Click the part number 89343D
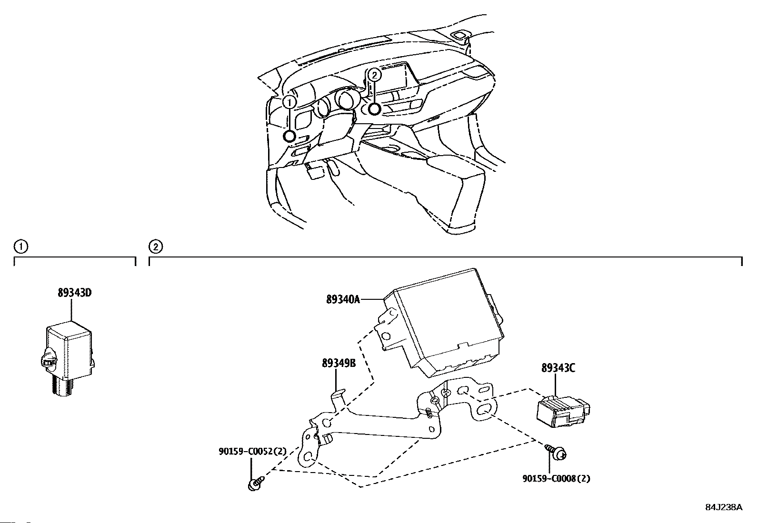(75, 293)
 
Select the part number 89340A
(343, 299)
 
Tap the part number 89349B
(339, 363)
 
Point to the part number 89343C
(558, 368)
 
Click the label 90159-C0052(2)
(253, 451)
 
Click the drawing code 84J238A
(724, 507)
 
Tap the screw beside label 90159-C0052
(256, 484)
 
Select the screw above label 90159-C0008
(556, 452)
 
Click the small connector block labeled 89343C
(562, 408)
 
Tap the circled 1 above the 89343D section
(21, 247)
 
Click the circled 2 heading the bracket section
(155, 247)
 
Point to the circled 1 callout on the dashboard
(289, 102)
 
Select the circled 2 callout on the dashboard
(374, 75)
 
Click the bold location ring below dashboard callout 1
(289, 137)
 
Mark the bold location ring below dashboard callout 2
(374, 109)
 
